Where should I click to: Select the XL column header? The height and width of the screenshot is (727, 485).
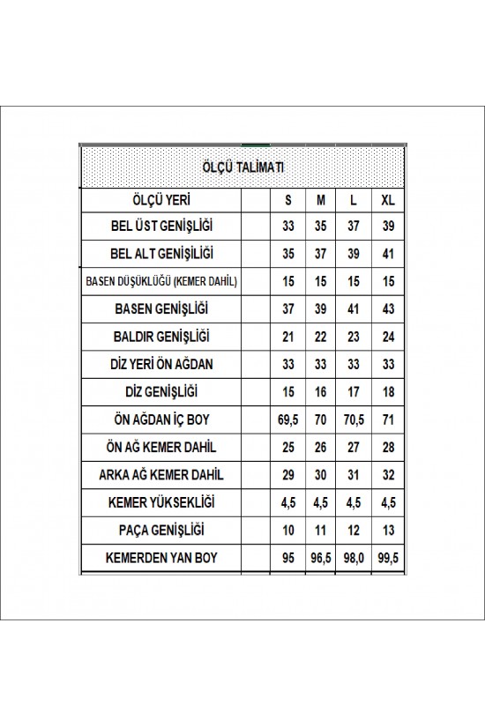388,200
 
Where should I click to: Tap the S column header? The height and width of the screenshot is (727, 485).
287,200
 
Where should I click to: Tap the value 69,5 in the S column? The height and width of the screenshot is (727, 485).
287,419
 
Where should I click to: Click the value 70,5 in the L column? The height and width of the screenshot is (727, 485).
353,419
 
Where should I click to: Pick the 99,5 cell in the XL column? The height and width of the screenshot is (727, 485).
388,557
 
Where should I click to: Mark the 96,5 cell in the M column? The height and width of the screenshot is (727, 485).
321,557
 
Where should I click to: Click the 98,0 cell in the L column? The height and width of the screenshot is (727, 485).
353,557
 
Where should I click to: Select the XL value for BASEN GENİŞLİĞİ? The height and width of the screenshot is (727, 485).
388,309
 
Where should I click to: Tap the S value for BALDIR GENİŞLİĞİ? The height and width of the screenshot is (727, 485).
287,337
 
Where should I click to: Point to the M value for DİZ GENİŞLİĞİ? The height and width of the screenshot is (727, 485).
321,392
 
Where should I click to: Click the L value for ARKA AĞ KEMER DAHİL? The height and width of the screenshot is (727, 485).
353,474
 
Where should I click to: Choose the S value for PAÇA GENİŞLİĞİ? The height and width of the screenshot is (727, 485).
287,530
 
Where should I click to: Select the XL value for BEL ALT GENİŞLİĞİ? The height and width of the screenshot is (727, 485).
388,255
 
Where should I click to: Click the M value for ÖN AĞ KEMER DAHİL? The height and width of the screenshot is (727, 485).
321,447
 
